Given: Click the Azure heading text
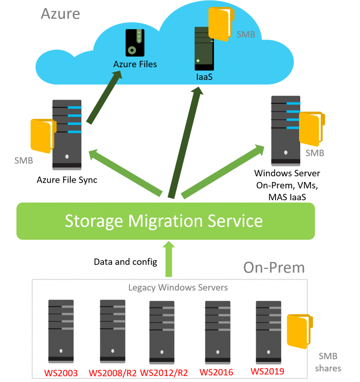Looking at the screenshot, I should tap(60, 13).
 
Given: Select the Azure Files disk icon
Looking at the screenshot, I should tap(135, 43).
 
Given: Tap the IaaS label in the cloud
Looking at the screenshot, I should tap(204, 78).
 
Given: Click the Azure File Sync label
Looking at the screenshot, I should tap(67, 180).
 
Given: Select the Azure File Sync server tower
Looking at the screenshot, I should tap(67, 135).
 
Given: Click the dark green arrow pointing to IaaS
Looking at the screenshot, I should tap(186, 142).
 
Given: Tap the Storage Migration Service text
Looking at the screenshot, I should tap(164, 221).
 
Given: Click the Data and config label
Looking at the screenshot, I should tap(125, 262).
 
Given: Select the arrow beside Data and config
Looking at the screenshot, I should tap(168, 259).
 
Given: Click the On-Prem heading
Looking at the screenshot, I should tap(274, 267).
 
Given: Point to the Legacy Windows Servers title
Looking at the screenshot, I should tap(178, 288).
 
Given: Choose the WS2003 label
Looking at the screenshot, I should tap(61, 372).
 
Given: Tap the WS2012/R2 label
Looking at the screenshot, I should tap(163, 373).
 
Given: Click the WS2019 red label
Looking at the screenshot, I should tap(267, 372).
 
